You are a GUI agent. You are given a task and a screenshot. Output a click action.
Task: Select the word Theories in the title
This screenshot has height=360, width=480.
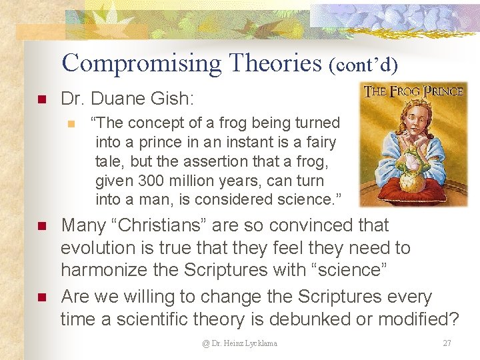(275, 63)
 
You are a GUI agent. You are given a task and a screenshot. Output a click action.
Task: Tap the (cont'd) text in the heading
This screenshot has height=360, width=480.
(363, 65)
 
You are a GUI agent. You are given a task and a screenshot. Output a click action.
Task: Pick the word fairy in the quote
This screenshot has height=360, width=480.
(319, 142)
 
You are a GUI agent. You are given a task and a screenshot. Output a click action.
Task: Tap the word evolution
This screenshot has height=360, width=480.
(97, 248)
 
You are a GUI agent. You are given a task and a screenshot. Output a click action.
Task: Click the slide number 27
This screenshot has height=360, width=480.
(447, 343)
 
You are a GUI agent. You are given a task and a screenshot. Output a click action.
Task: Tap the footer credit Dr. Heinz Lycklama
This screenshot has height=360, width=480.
(241, 343)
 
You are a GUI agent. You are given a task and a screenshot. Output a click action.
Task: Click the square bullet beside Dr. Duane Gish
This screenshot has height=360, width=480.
(41, 100)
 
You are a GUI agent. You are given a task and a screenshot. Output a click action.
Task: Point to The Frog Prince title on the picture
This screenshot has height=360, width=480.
(413, 91)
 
